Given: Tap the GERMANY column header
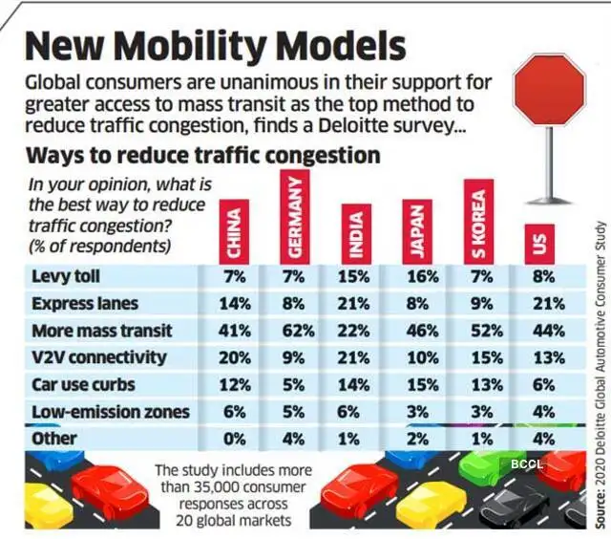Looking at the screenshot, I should click(x=294, y=218).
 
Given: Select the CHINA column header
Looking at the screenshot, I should click(x=233, y=233).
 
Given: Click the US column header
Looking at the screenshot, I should click(x=539, y=246).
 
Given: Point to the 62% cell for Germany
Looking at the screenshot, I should click(x=294, y=331).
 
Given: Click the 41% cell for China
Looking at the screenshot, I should click(x=233, y=331).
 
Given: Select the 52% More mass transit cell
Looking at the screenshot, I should click(x=479, y=331).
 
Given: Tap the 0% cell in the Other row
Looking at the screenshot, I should click(x=233, y=440).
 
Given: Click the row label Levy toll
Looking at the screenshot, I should click(x=66, y=277).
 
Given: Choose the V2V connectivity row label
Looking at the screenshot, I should click(x=98, y=357).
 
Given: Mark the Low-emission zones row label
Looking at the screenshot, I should click(x=110, y=412).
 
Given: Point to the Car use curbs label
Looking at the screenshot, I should click(x=84, y=385).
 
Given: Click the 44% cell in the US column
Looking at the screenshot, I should click(x=539, y=331).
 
